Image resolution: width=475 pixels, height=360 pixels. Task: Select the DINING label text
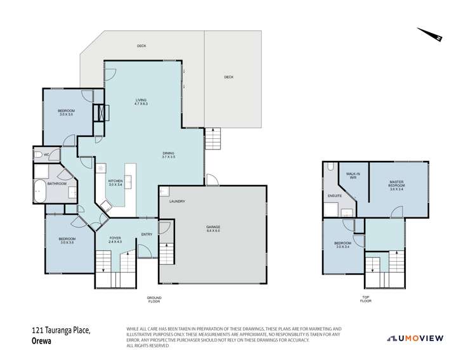click(x=169, y=153)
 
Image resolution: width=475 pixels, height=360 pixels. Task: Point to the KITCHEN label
click(x=116, y=182)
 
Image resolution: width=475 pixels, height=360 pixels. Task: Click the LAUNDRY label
click(x=177, y=202)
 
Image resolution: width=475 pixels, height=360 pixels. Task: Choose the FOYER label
click(x=114, y=239)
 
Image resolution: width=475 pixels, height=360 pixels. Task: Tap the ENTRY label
click(x=146, y=234)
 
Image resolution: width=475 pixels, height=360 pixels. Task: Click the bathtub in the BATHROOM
click(x=41, y=191)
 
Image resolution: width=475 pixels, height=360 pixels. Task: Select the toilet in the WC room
click(x=38, y=154)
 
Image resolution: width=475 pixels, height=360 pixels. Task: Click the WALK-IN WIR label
click(x=353, y=175)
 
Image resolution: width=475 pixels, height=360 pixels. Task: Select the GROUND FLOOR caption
click(x=154, y=299)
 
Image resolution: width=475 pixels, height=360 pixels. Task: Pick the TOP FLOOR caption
click(x=365, y=299)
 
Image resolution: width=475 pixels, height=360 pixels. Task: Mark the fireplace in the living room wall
click(x=101, y=112)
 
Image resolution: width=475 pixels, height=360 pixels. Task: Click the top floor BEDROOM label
click(x=342, y=245)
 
